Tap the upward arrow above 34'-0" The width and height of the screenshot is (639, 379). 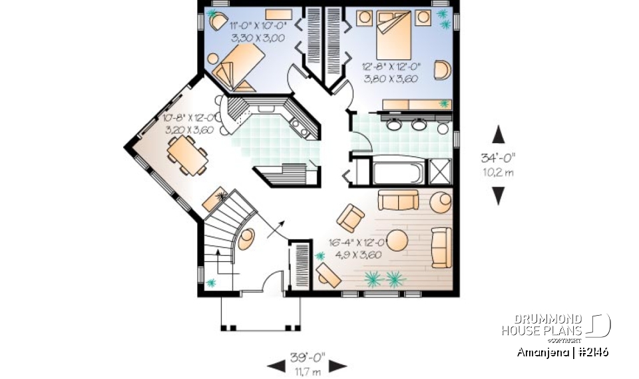pyautogui.click(x=498, y=135)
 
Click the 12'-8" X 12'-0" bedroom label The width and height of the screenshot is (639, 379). pyautogui.click(x=390, y=71)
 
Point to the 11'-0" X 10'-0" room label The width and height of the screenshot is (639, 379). pyautogui.click(x=258, y=31)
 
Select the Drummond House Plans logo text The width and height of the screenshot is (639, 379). pyautogui.click(x=542, y=325)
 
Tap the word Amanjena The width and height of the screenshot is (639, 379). pyautogui.click(x=541, y=351)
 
